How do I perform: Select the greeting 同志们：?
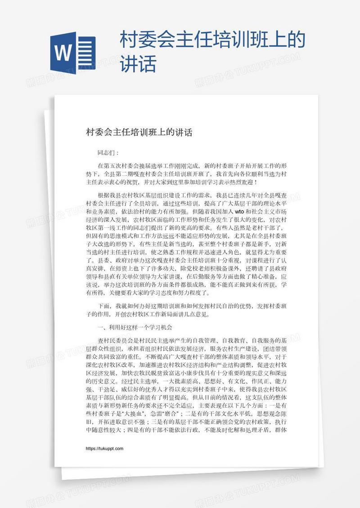[x=108, y=153]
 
